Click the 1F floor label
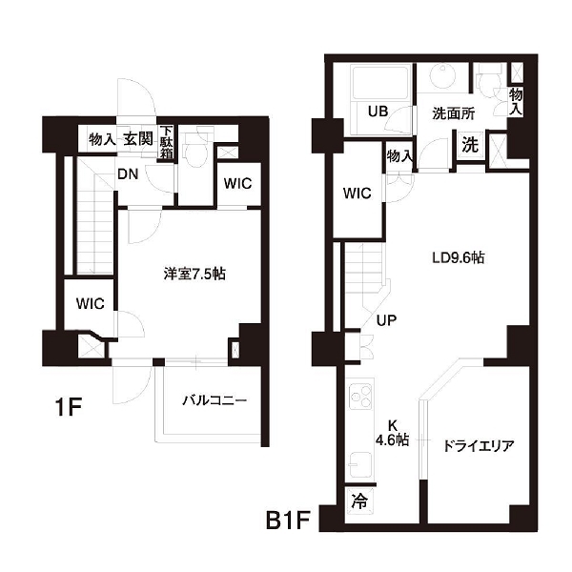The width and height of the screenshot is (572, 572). tap(68, 406)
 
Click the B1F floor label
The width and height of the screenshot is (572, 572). tap(288, 520)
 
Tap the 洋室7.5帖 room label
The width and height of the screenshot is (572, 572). tap(194, 274)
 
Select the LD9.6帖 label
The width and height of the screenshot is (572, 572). tap(459, 257)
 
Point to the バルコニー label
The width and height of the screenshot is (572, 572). tap(214, 400)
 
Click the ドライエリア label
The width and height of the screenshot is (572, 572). tap(479, 445)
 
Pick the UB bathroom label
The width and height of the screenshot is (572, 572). tap(378, 111)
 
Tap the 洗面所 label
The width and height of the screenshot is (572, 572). tap(454, 113)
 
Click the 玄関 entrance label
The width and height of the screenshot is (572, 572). tap(138, 138)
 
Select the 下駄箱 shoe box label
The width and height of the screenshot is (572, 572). tap(166, 142)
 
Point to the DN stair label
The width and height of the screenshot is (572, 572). tap(128, 174)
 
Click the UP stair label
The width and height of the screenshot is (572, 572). tap(386, 320)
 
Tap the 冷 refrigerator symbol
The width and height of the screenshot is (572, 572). tap(359, 500)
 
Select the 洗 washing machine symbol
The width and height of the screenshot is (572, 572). tap(470, 145)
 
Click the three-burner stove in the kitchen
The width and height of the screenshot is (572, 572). tap(360, 397)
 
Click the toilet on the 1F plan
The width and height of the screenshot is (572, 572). tap(194, 149)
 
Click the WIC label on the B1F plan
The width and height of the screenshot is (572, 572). tap(357, 193)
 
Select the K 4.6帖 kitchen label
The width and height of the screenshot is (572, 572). tap(392, 433)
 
